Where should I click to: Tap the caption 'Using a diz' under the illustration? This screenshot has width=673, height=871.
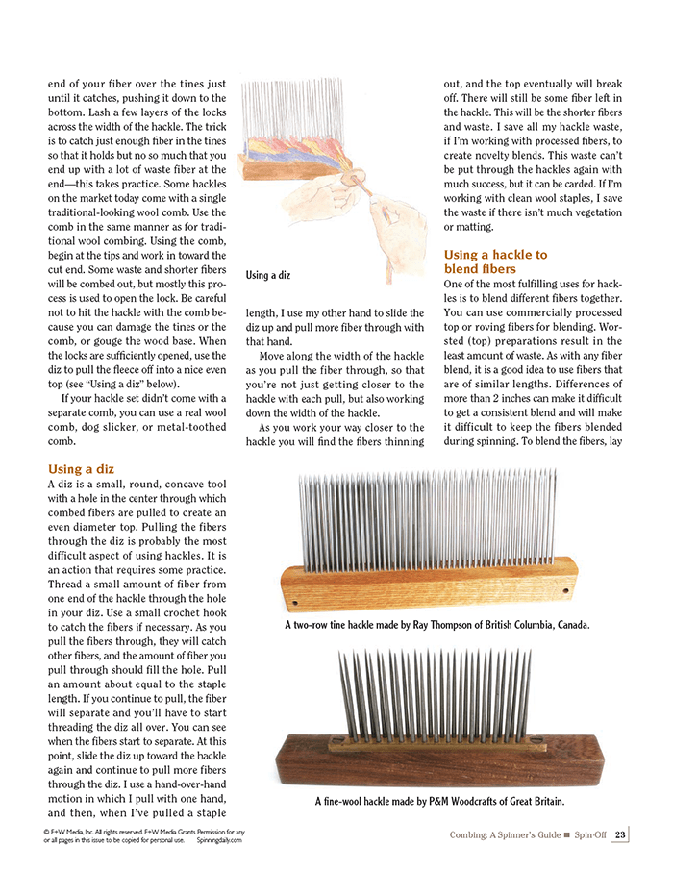click(270, 276)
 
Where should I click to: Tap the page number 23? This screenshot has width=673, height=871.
click(620, 834)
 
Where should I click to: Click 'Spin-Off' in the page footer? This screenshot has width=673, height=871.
click(592, 834)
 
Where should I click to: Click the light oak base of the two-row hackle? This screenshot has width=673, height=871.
click(433, 584)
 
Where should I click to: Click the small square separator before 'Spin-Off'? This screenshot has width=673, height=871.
click(567, 834)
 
